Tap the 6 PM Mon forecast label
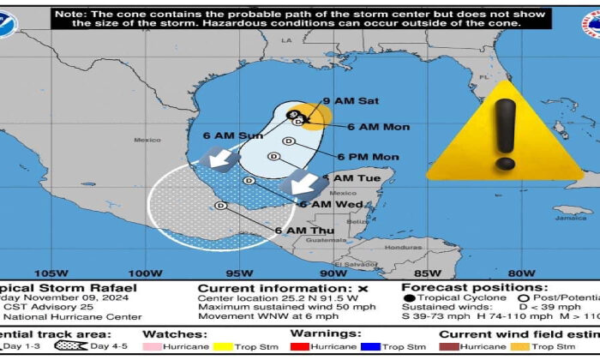(368, 157)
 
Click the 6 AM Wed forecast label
(325, 203)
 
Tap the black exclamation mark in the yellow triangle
(506, 133)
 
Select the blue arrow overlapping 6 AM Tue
(303, 183)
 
